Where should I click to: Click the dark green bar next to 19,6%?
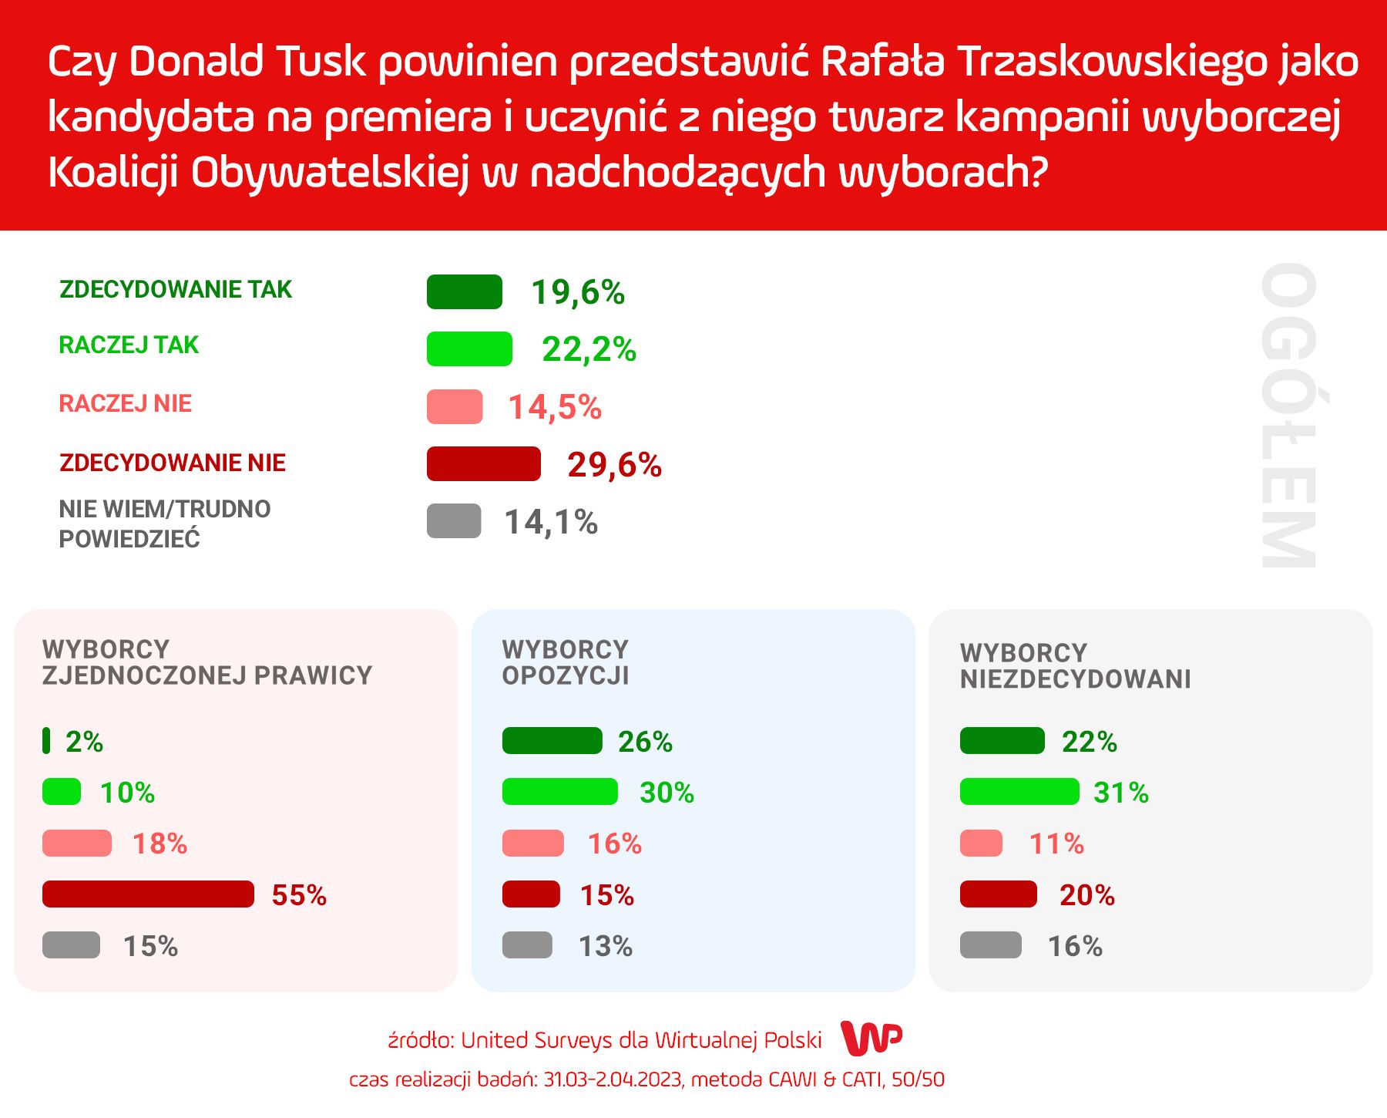pos(464,291)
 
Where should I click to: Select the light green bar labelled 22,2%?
pos(469,349)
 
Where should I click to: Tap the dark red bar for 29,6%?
pos(483,463)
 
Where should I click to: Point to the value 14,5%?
pos(554,407)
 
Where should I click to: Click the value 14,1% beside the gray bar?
pos(550,522)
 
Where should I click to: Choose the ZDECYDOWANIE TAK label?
pos(176,289)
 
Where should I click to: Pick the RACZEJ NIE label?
pos(125,403)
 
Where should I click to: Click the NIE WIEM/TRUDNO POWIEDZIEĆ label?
pos(164,524)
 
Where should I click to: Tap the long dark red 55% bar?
pos(148,894)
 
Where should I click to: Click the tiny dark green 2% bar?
pos(46,740)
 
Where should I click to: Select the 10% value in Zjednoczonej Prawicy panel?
pos(127,793)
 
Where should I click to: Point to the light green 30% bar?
pos(559,792)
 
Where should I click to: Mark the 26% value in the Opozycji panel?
pos(645,742)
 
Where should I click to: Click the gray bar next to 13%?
pos(527,945)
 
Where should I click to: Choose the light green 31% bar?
pos(1019,792)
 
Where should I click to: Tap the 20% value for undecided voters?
pos(1086,895)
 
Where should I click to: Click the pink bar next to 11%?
pos(981,843)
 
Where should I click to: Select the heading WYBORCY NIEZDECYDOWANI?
pos(1075,665)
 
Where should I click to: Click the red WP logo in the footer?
pos(871,1038)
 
